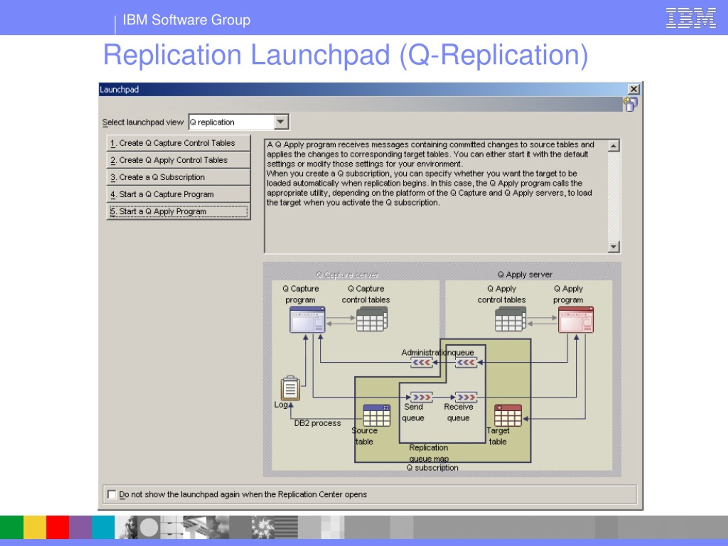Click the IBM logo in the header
tap(691, 18)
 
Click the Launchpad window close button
tap(634, 89)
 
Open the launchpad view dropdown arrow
tap(280, 122)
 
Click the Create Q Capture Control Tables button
tap(178, 143)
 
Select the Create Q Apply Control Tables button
tap(178, 160)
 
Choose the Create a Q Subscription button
tap(178, 177)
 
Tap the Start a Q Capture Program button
tap(178, 195)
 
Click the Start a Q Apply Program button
tap(178, 212)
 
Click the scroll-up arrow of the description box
tap(613, 146)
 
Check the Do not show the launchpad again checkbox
tap(112, 494)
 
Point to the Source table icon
tap(377, 415)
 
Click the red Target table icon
tap(508, 415)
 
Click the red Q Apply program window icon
tap(576, 320)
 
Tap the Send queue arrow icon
tap(421, 397)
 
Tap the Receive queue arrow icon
tap(466, 397)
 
